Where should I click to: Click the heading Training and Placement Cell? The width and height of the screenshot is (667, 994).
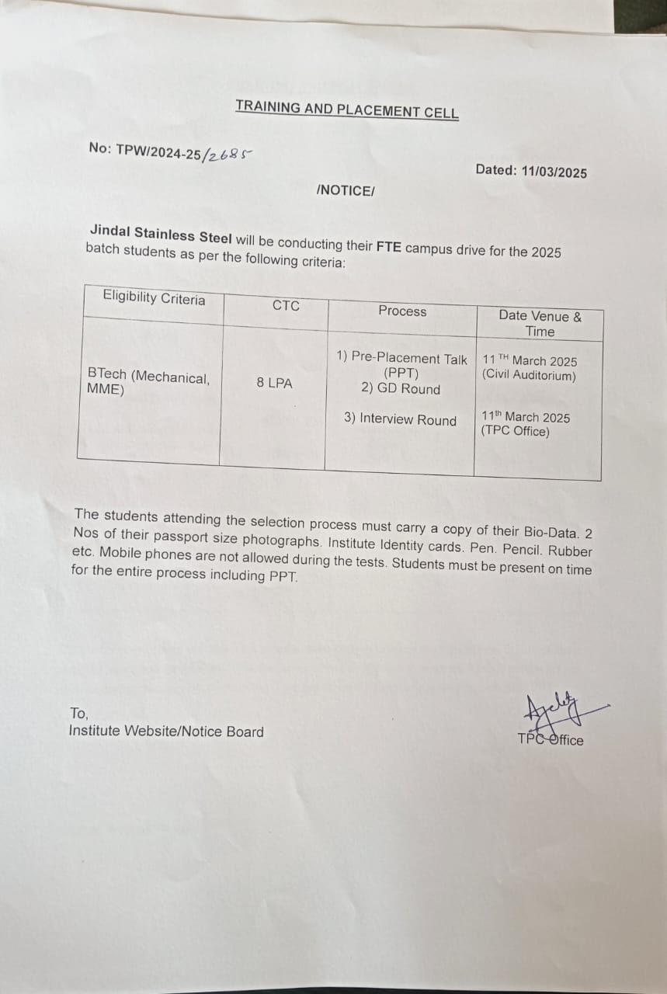coord(347,109)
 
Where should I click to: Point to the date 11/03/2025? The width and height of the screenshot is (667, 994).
coord(551,172)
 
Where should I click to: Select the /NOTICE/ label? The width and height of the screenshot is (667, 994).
coord(346,190)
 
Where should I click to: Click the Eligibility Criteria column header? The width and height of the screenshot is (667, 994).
coord(154,298)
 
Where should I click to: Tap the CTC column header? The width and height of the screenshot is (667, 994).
coord(286,306)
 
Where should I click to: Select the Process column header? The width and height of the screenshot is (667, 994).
coord(402,311)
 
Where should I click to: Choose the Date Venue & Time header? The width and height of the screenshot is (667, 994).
coord(540,323)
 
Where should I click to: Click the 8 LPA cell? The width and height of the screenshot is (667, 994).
coord(275,383)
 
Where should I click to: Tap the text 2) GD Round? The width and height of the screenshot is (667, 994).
coord(401,389)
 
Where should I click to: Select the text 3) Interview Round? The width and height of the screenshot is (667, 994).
coord(401,419)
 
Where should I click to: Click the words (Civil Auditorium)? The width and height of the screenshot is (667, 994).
coord(529,376)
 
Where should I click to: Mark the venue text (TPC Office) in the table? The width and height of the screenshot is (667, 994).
coord(515,432)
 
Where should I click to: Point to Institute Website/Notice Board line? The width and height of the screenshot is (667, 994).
coord(166,732)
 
